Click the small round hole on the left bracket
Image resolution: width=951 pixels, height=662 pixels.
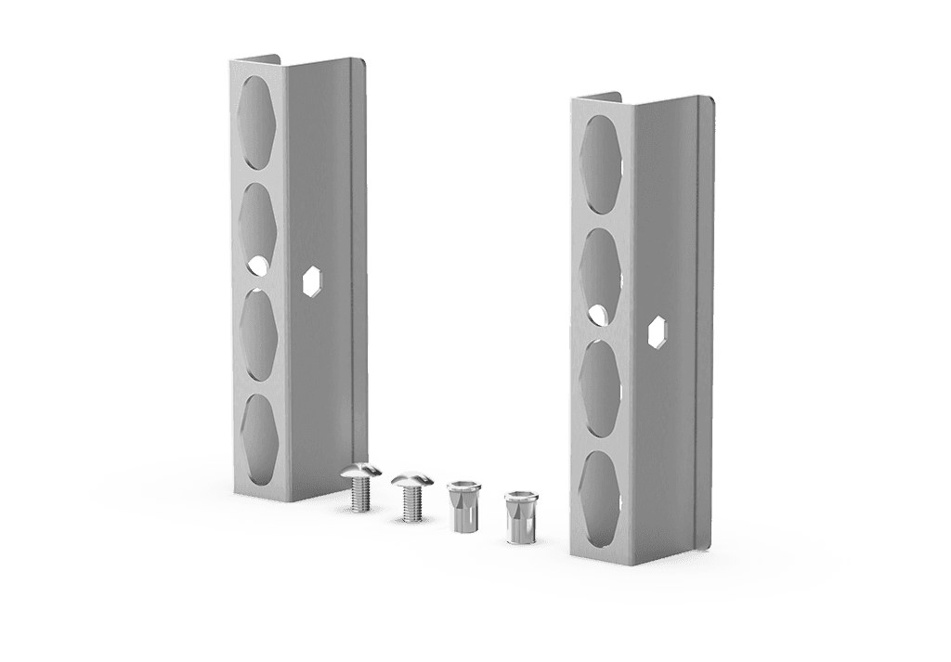(x=256, y=266)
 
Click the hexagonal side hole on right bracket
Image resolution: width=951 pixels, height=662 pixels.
(x=657, y=331)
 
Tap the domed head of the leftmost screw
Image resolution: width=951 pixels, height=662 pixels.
(x=360, y=472)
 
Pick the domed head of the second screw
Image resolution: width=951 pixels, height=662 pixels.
(x=409, y=479)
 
